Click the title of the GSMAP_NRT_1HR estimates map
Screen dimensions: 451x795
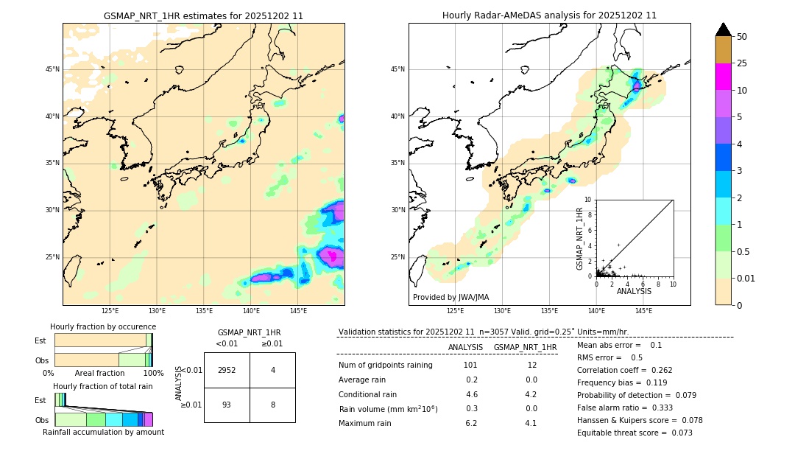tap(203, 15)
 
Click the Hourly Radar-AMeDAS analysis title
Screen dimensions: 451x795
tap(549, 15)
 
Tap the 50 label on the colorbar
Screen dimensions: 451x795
tap(742, 37)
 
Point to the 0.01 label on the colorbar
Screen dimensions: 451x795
tap(746, 278)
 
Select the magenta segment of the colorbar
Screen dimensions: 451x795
tap(723, 77)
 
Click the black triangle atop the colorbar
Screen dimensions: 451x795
tap(723, 29)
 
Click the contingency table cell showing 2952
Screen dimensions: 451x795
tap(227, 370)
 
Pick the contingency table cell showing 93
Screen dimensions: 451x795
tap(227, 405)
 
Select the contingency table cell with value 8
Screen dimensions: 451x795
tap(272, 405)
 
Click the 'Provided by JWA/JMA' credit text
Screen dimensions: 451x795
tap(451, 297)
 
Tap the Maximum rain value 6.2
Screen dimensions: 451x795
tap(470, 423)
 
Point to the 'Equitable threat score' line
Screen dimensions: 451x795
tap(635, 433)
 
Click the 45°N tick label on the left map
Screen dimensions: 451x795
tap(52, 69)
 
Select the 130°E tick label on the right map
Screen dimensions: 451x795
tap(503, 311)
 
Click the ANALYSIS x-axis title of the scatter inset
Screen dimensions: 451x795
tap(634, 291)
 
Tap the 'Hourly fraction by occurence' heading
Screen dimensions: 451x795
tap(103, 326)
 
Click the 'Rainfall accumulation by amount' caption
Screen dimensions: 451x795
tap(103, 432)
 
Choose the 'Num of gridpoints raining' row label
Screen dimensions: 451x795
tap(386, 366)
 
